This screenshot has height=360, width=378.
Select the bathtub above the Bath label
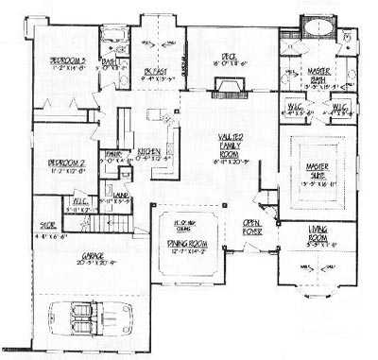pos(112,40)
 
